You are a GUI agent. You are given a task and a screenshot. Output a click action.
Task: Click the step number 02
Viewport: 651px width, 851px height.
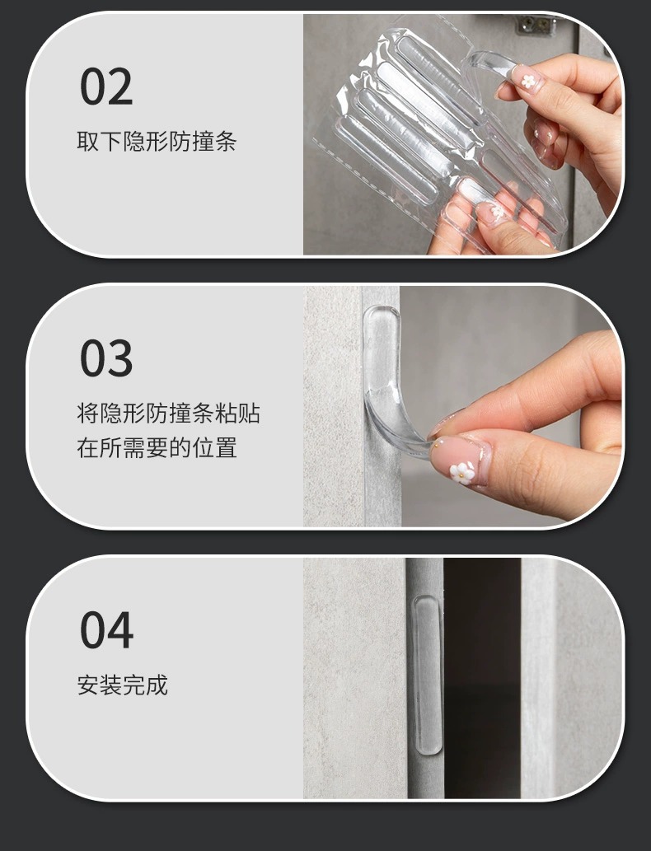pyautogui.click(x=106, y=87)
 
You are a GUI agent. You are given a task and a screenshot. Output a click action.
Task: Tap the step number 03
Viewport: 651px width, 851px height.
pyautogui.click(x=106, y=358)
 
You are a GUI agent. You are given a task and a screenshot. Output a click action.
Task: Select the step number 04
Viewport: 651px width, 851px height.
pyautogui.click(x=106, y=629)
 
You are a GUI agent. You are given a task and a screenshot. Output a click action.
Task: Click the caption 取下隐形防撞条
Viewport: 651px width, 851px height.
pyautogui.click(x=157, y=142)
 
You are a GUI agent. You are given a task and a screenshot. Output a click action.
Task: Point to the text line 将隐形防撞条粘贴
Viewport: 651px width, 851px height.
pyautogui.click(x=168, y=413)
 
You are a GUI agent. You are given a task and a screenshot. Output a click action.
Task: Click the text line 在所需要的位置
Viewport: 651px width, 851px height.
pyautogui.click(x=157, y=448)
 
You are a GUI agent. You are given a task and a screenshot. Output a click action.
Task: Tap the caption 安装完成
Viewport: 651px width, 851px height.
pyautogui.click(x=122, y=685)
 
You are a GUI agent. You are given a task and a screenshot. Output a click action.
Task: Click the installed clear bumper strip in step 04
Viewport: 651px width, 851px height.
pyautogui.click(x=428, y=675)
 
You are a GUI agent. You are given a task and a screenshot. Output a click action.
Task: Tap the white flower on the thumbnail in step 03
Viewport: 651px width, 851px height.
pyautogui.click(x=462, y=472)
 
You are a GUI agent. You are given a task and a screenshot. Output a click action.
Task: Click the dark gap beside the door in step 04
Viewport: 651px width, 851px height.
pyautogui.click(x=482, y=679)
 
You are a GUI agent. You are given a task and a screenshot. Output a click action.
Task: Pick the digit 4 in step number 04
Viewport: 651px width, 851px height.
pyautogui.click(x=120, y=629)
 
